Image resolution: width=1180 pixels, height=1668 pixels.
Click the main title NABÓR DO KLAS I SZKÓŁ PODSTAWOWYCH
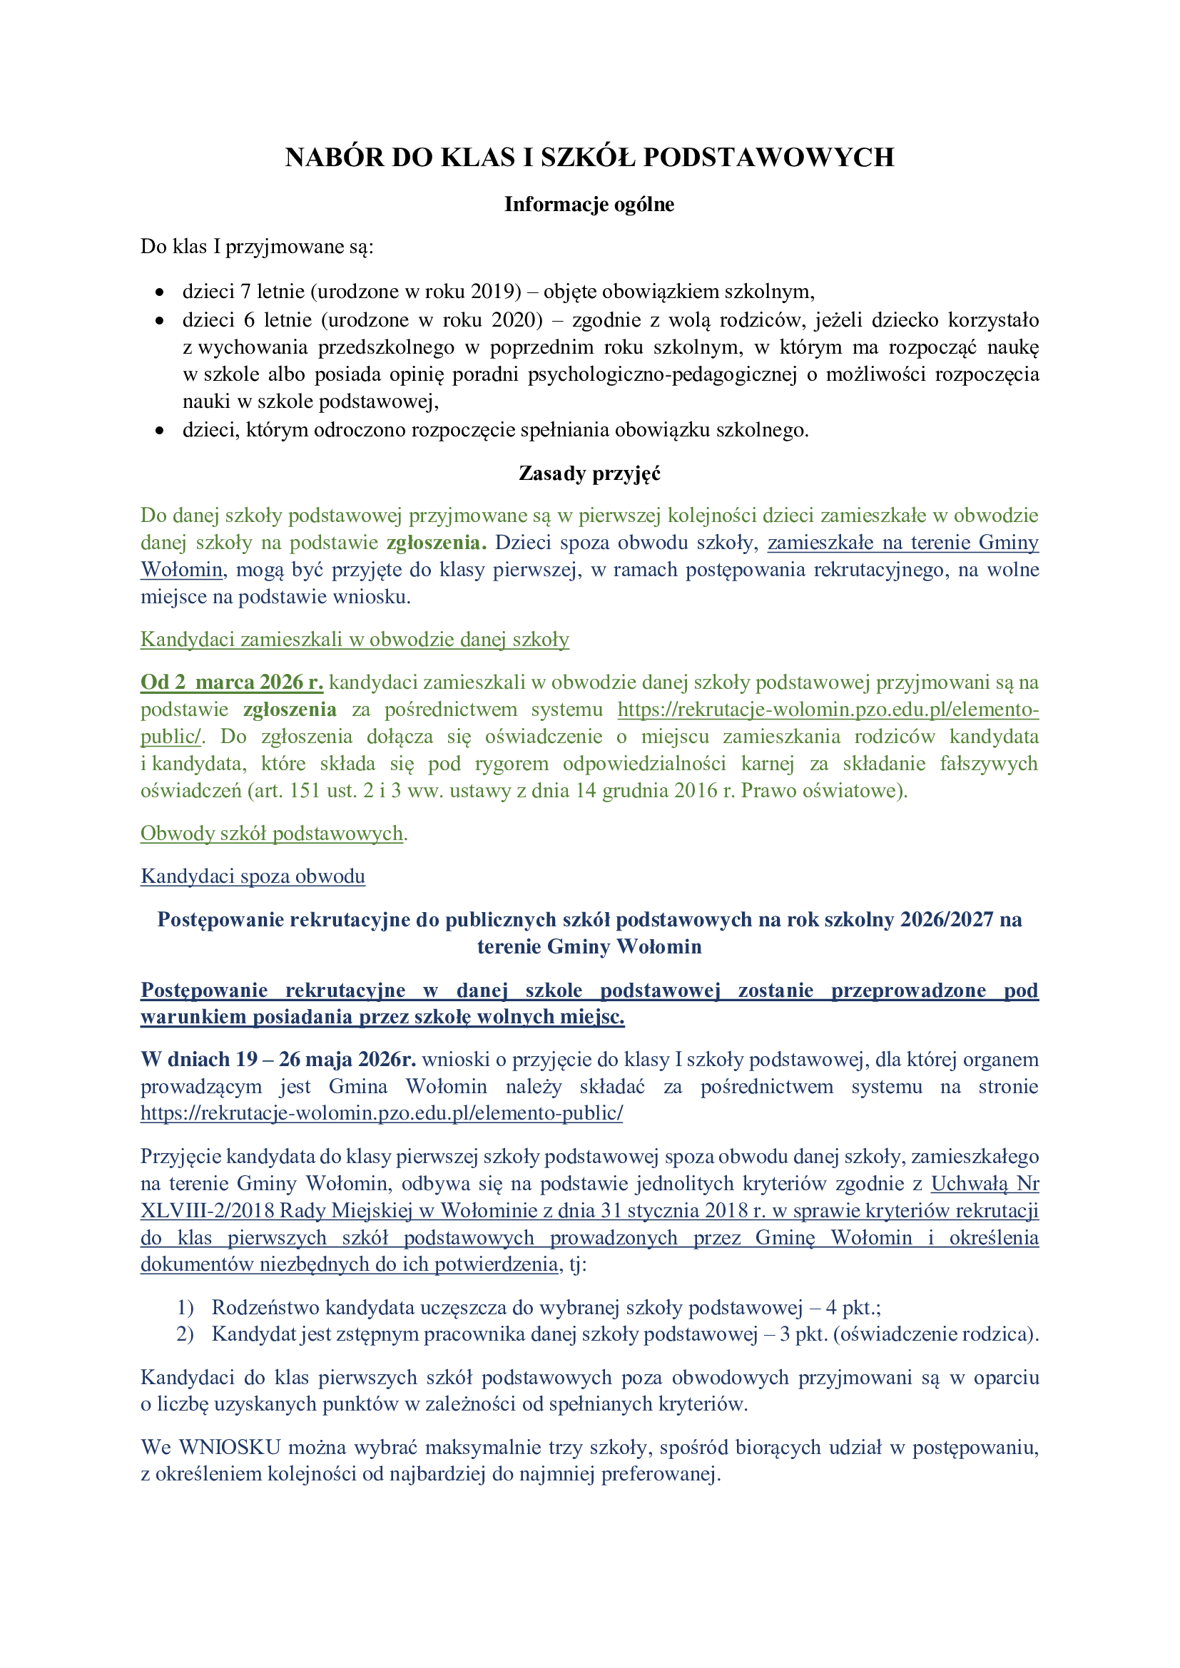[x=589, y=158]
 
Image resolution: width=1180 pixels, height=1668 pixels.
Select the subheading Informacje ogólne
[x=589, y=205]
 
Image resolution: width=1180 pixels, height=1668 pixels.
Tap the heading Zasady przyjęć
[x=589, y=474]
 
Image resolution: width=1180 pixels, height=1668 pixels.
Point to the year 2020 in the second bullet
[x=517, y=320]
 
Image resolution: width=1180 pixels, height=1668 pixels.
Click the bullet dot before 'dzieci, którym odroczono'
[x=160, y=431]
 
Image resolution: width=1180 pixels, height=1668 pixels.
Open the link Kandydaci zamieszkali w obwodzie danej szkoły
[x=355, y=639]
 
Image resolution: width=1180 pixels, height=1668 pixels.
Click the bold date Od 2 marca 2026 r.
[x=232, y=682]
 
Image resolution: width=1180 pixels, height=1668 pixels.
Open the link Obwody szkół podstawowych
[x=272, y=833]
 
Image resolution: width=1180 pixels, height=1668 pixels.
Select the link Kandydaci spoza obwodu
[x=253, y=876]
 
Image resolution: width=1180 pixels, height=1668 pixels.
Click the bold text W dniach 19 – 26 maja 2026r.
[x=278, y=1059]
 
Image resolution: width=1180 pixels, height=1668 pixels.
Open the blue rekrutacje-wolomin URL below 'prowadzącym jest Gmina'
[x=382, y=1113]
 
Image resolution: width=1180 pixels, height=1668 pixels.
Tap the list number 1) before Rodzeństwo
[x=185, y=1308]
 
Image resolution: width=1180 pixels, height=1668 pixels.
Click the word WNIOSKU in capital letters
[x=230, y=1447]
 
